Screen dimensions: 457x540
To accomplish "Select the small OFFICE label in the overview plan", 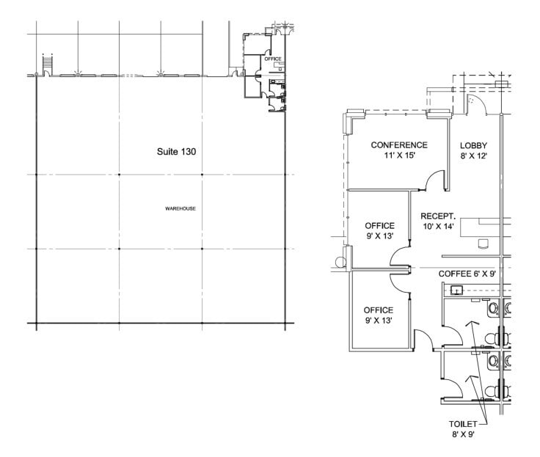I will click(x=273, y=59).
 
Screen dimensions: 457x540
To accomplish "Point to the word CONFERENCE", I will click(x=399, y=145).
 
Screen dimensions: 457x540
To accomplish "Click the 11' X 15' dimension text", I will click(x=399, y=156).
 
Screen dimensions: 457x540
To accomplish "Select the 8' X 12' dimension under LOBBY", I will click(x=474, y=156).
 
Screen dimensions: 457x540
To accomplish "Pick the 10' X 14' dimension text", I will click(x=438, y=227).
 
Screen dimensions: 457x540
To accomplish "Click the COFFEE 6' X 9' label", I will click(x=467, y=274).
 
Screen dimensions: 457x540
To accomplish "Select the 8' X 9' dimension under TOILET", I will click(x=464, y=435).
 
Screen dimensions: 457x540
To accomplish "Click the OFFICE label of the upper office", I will click(x=379, y=226).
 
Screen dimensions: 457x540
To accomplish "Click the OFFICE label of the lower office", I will click(x=379, y=310).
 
